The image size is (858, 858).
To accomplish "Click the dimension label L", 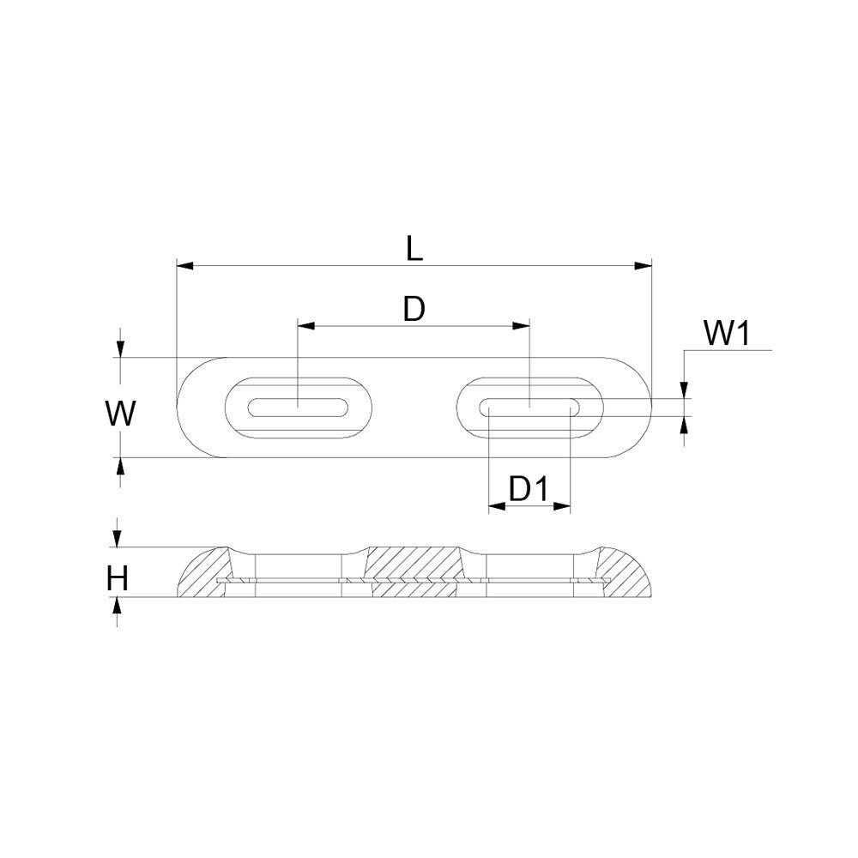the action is tap(414, 249).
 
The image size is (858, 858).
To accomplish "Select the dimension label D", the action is tap(414, 310).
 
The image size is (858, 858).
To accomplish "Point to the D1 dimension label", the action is tap(529, 489).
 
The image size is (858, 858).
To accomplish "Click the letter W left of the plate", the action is tap(120, 414).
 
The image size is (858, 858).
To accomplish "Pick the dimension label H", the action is tap(118, 579).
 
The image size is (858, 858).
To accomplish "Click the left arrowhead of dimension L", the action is tap(185, 266).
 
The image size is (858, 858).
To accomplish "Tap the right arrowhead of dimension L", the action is tap(643, 266).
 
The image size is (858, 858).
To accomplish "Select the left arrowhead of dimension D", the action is tap(306, 326).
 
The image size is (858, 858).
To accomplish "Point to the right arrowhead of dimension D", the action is tap(521, 326).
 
